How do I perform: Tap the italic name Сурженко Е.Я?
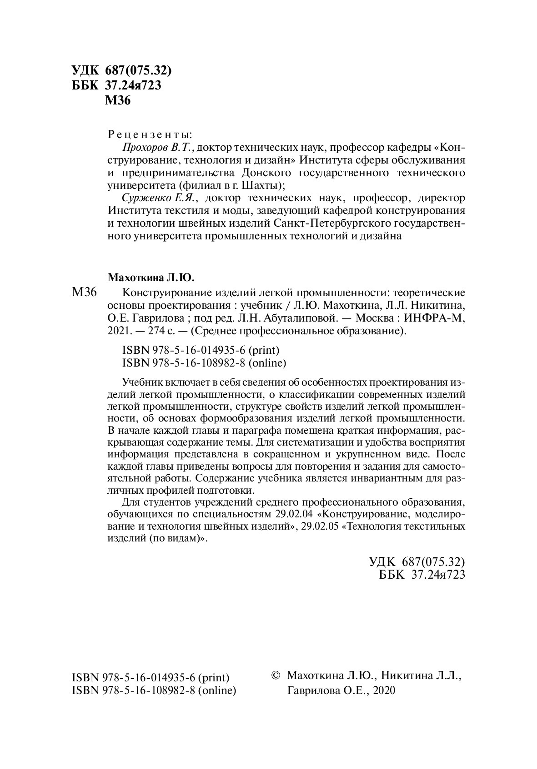[158, 198]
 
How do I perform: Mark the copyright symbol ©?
[276, 675]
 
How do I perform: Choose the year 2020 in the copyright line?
[383, 690]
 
